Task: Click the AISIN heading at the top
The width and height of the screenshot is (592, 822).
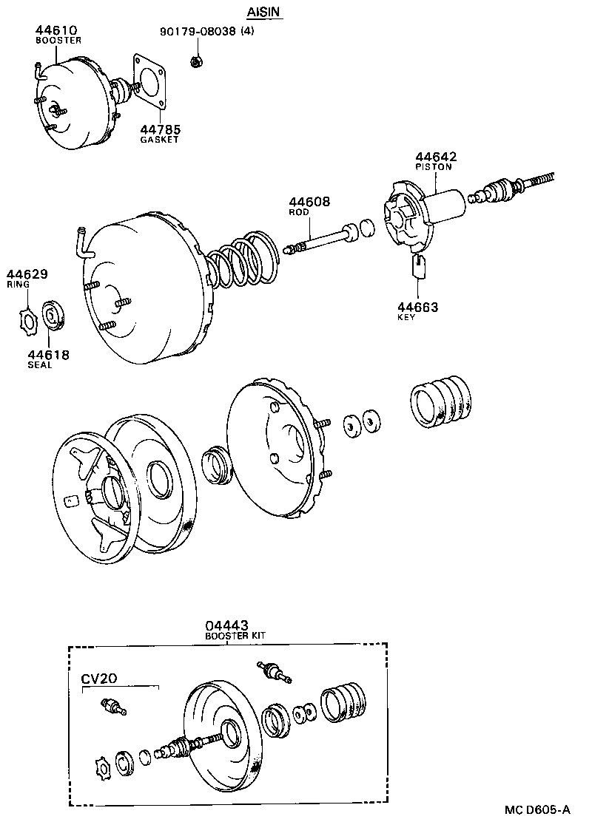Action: coord(264,13)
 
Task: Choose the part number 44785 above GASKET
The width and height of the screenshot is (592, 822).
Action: coord(160,129)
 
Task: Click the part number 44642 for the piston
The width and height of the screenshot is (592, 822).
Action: coord(436,157)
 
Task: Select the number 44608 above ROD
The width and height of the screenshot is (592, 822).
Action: coord(309,202)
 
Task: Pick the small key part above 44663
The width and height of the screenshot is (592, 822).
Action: coord(417,266)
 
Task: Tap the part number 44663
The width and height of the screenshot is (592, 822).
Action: coord(417,307)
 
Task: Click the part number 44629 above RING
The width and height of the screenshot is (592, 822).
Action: coord(27,274)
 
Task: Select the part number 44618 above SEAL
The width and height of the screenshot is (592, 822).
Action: coord(49,355)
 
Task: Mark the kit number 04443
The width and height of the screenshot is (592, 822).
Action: coord(226,626)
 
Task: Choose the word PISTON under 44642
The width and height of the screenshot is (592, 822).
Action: coord(434,167)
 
